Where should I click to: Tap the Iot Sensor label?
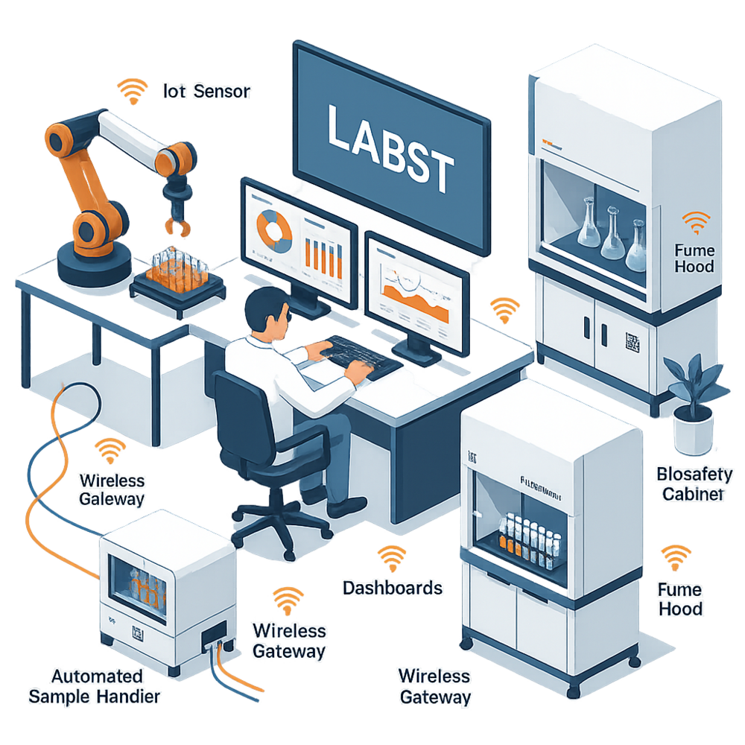point(206,92)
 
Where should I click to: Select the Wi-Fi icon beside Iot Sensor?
point(133,92)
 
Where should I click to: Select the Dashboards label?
point(392,588)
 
